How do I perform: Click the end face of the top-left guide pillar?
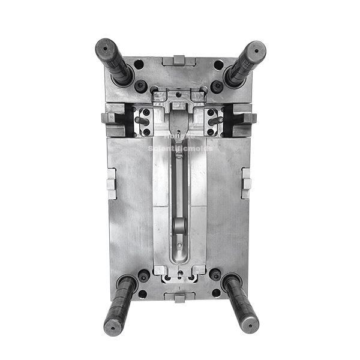[105, 47]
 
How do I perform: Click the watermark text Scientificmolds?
[180, 147]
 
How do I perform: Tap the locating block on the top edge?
[179, 60]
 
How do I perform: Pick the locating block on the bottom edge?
[179, 297]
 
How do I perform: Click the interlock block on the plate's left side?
[111, 183]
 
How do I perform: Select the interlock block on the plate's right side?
[246, 183]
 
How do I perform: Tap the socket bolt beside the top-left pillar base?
[141, 86]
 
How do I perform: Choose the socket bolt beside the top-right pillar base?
[217, 86]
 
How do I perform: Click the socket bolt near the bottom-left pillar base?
[144, 275]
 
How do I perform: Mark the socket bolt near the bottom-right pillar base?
[215, 275]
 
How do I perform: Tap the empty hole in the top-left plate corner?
[139, 64]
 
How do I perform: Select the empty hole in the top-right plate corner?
[219, 64]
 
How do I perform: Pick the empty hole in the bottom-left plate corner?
[142, 293]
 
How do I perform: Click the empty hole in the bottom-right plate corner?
[216, 293]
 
